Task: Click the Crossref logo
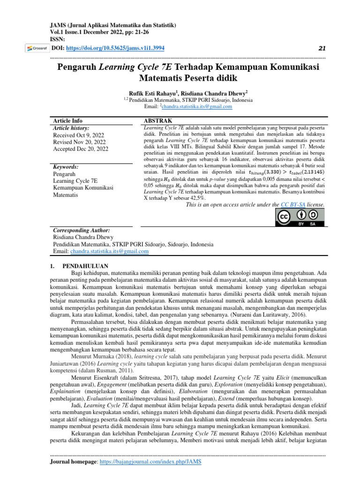click(x=36, y=48)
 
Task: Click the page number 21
click(x=321, y=48)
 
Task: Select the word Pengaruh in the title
click(x=77, y=67)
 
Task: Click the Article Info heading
click(x=68, y=120)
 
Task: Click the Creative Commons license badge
click(x=299, y=217)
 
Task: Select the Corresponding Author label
click(x=82, y=231)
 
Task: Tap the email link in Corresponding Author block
click(x=110, y=251)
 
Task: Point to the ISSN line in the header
click(x=59, y=40)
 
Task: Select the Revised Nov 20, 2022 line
click(x=79, y=142)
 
